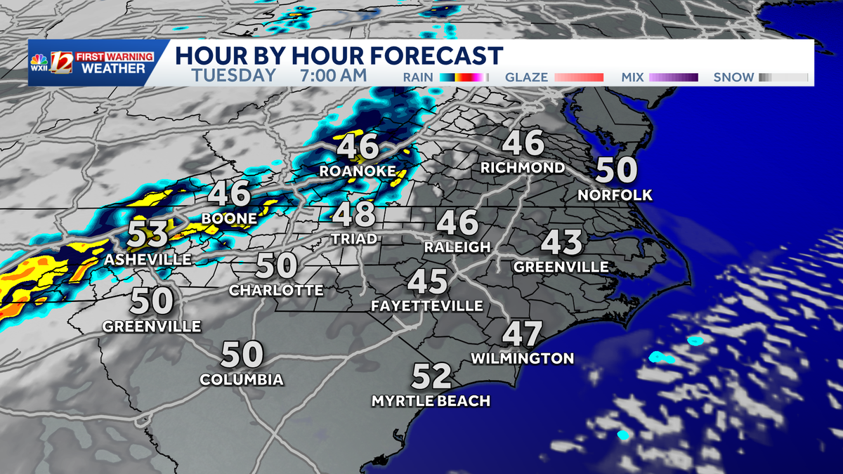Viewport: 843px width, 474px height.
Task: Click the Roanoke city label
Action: pyautogui.click(x=357, y=171)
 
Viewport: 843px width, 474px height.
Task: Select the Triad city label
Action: pyautogui.click(x=355, y=239)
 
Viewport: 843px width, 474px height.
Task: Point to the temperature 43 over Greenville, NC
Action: pyautogui.click(x=562, y=244)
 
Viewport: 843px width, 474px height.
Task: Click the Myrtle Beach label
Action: pyautogui.click(x=431, y=401)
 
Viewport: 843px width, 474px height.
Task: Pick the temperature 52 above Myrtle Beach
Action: pyautogui.click(x=431, y=377)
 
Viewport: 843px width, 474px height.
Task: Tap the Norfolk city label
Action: pyautogui.click(x=615, y=195)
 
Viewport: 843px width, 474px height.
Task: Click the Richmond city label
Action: pyautogui.click(x=523, y=168)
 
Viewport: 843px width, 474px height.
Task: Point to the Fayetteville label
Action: pyautogui.click(x=427, y=306)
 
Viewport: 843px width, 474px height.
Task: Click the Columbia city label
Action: pyautogui.click(x=242, y=380)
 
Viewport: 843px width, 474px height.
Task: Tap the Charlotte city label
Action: pyautogui.click(x=277, y=290)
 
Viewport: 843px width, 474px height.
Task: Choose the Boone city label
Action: pyautogui.click(x=229, y=219)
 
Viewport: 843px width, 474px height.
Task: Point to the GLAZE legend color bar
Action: pyautogui.click(x=579, y=77)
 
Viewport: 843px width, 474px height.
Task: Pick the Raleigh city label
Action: pyautogui.click(x=457, y=247)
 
